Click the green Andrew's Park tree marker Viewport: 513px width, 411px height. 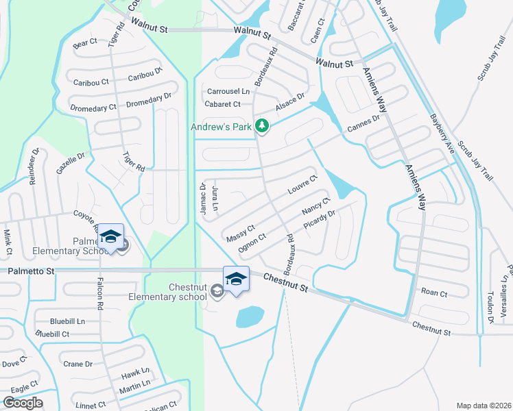coord(261,125)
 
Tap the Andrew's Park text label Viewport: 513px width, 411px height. coord(221,126)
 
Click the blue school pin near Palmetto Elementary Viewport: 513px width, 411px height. coord(110,237)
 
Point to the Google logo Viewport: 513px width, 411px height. coord(23,403)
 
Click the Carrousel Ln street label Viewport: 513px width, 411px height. coord(228,92)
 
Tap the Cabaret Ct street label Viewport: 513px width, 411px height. coord(223,104)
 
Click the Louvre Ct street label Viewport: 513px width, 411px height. coord(302,185)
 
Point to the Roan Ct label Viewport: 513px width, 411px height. coord(433,293)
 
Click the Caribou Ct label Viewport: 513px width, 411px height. coord(91,82)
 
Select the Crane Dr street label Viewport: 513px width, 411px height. coord(77,364)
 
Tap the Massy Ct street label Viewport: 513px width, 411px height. coord(240,232)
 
